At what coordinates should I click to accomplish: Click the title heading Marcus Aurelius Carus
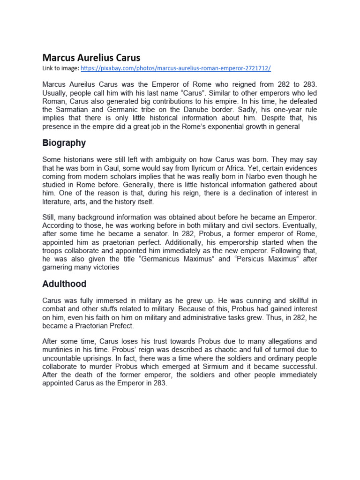coord(91,58)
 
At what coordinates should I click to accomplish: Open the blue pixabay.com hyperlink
coord(176,68)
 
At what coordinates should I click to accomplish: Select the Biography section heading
coord(64,142)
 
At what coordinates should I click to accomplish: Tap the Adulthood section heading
coord(64,284)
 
